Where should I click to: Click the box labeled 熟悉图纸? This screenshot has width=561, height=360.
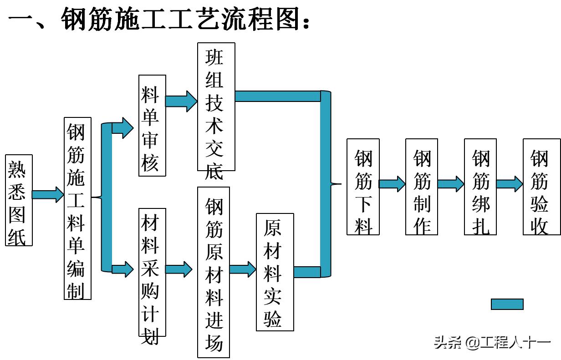tap(19, 200)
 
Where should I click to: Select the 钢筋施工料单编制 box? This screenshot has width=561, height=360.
tap(77, 208)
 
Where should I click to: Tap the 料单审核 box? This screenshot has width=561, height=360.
tap(152, 126)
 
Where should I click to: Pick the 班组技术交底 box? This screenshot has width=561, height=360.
tap(216, 107)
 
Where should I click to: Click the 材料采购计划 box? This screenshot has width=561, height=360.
tap(152, 272)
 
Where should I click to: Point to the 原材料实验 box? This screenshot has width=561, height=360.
tap(275, 272)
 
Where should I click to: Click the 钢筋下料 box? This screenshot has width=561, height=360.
tap(363, 187)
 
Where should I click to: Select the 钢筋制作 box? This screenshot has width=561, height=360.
tap(422, 187)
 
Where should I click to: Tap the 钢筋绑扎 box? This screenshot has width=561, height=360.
tap(480, 187)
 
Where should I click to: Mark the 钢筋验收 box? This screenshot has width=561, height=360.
tap(539, 187)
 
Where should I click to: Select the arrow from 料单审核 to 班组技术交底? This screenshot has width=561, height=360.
tap(181, 101)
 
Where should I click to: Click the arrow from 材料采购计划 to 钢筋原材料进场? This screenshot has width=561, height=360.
tap(178, 269)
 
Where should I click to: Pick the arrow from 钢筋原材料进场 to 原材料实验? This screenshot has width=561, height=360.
tap(243, 269)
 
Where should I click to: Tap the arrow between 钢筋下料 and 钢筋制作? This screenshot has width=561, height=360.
tap(392, 184)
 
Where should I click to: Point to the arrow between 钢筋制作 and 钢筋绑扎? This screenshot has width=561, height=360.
tap(451, 184)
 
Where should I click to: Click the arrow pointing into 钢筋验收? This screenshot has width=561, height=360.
tap(510, 184)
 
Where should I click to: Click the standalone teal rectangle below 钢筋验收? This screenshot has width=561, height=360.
tap(507, 304)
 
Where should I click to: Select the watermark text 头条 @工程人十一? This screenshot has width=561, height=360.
tap(492, 343)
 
